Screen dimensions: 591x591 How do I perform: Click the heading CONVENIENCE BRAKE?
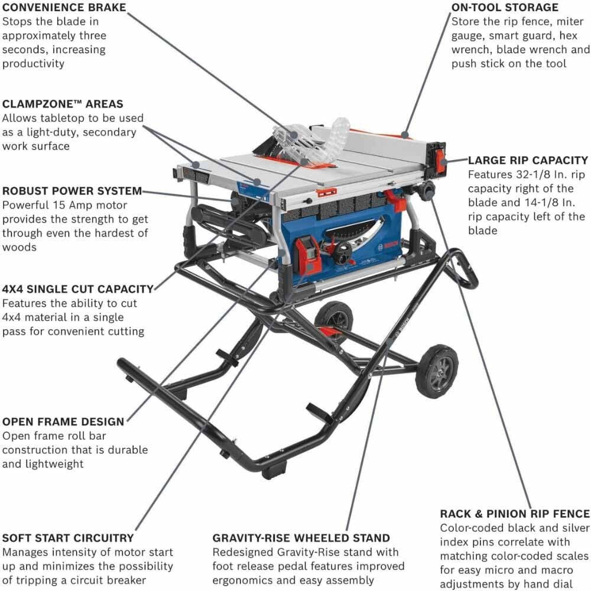click(x=64, y=8)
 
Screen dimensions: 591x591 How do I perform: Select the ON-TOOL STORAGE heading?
click(x=505, y=8)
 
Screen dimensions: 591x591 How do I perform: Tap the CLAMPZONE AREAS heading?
click(x=63, y=104)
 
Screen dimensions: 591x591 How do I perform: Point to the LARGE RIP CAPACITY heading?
click(x=528, y=160)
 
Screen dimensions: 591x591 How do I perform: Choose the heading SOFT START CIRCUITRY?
click(x=68, y=538)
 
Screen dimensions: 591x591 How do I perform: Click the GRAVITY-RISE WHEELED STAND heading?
click(x=301, y=538)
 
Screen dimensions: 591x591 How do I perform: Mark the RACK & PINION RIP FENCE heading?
click(x=515, y=514)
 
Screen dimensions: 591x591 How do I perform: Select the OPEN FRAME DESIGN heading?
click(x=63, y=421)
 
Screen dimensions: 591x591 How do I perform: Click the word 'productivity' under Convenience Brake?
click(x=34, y=63)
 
